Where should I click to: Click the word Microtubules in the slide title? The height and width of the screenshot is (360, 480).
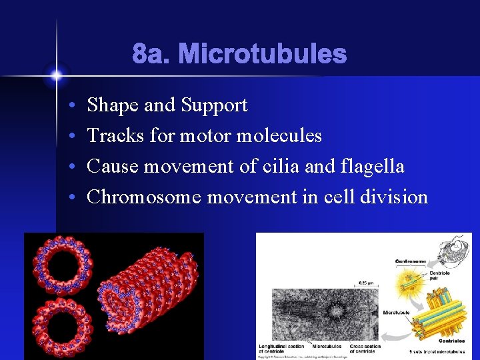point(262,54)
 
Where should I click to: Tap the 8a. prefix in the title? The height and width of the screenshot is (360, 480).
point(152,54)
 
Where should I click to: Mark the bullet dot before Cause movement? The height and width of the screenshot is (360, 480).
point(71,167)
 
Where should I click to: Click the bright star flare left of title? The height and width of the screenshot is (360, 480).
point(56,75)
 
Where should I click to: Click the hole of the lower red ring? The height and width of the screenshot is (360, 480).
point(62,325)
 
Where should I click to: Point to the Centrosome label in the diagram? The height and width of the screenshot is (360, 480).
point(411,261)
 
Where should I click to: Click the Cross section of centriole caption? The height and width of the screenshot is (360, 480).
point(365,348)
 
